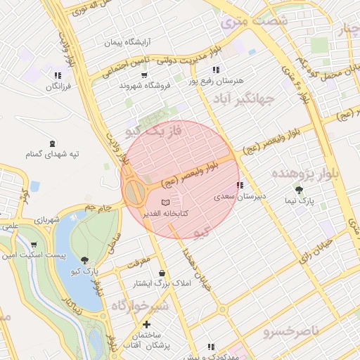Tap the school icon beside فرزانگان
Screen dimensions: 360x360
pyautogui.click(x=58, y=75)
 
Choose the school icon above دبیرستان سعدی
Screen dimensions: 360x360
pyautogui.click(x=240, y=186)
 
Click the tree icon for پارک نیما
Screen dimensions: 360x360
pyautogui.click(x=300, y=190)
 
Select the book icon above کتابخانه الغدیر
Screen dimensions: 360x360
pyautogui.click(x=165, y=202)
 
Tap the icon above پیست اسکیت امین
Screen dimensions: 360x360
pyautogui.click(x=34, y=245)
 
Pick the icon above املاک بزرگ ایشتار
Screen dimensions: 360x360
pyautogui.click(x=163, y=274)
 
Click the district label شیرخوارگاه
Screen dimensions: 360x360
pyautogui.click(x=139, y=306)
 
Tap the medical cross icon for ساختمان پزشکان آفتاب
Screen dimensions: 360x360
pyautogui.click(x=146, y=325)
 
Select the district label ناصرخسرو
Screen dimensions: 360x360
pyautogui.click(x=290, y=330)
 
